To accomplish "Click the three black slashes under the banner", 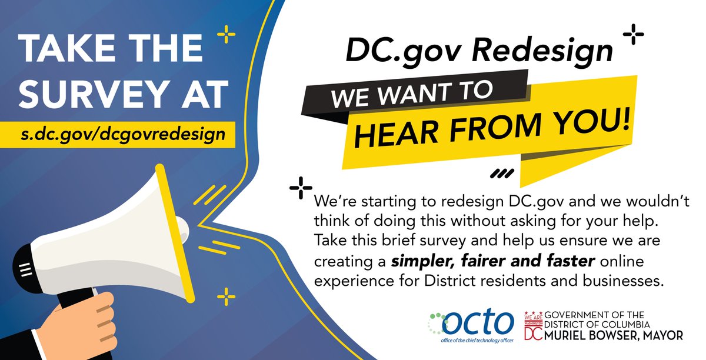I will tap(502, 173).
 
